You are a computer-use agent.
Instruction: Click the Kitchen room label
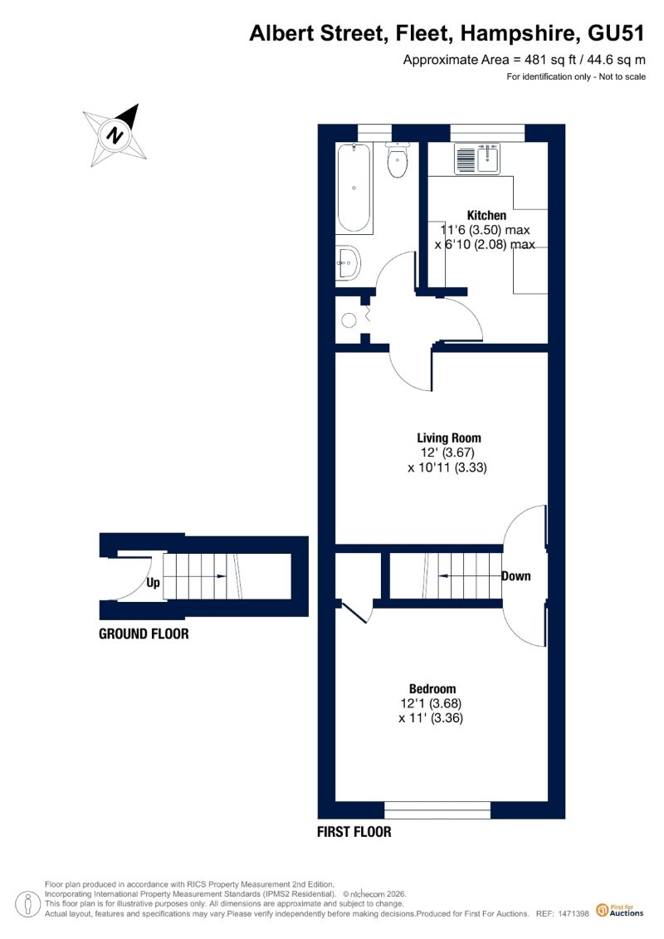point(486,215)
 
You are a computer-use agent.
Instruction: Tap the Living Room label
point(449,438)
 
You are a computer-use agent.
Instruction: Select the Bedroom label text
point(432,688)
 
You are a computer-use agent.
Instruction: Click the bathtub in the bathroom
point(354,188)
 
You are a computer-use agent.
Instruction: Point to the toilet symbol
point(397,160)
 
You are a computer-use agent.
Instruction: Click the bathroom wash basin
point(348,262)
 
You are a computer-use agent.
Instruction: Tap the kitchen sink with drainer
point(477,159)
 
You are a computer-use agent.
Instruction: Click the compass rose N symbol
point(115,134)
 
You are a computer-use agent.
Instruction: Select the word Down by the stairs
point(515,576)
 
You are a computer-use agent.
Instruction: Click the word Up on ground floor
point(153,582)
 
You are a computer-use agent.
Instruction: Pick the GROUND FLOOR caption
point(144,633)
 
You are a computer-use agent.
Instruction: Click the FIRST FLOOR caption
point(354,831)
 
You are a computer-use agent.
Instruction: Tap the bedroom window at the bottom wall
point(437,810)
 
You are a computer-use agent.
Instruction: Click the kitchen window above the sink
point(487,132)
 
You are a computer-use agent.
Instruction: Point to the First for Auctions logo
point(620,910)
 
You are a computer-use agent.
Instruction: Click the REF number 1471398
point(574,914)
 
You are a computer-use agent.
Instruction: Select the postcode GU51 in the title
point(616,33)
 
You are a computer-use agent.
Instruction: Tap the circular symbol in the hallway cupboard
point(349,320)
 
